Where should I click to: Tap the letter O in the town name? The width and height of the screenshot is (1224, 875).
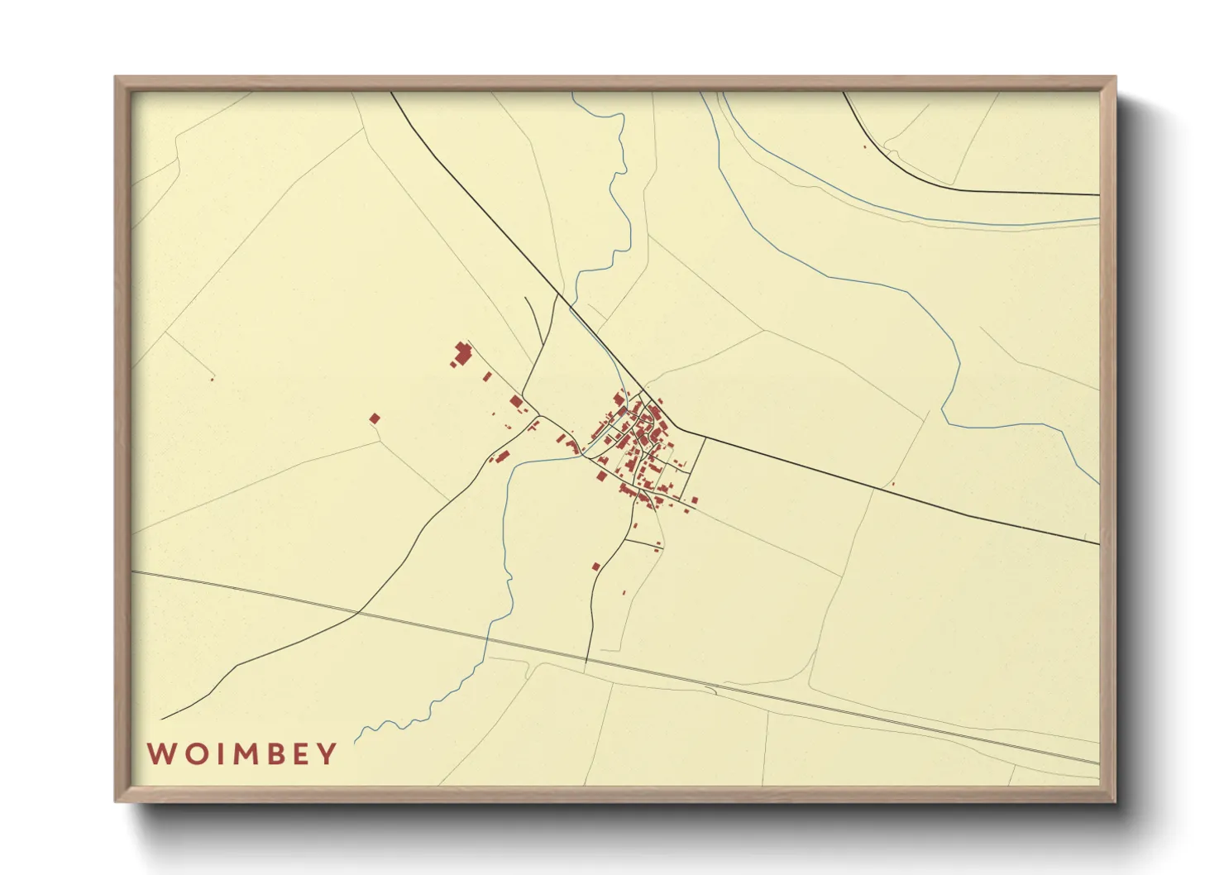click(x=193, y=754)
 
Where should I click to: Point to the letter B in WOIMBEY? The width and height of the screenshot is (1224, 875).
click(x=274, y=754)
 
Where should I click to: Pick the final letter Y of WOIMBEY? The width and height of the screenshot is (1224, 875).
click(x=328, y=754)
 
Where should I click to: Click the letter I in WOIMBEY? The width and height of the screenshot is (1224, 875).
click(x=216, y=754)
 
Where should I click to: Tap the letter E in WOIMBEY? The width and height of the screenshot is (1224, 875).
click(x=301, y=754)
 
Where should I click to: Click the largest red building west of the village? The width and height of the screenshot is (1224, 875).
click(x=463, y=353)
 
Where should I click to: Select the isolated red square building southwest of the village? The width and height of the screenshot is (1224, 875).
click(x=375, y=418)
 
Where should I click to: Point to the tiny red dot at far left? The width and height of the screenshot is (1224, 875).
click(x=213, y=379)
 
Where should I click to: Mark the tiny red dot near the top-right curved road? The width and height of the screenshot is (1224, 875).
click(x=864, y=147)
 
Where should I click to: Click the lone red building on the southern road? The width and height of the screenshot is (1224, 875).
click(x=595, y=567)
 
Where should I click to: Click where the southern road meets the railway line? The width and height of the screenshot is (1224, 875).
click(x=586, y=658)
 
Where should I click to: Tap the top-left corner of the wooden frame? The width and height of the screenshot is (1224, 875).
click(x=117, y=79)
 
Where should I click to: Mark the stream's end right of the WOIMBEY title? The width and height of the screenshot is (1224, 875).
click(x=356, y=742)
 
